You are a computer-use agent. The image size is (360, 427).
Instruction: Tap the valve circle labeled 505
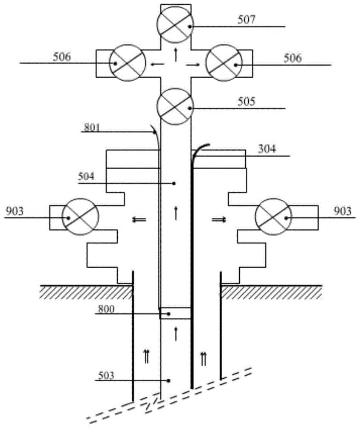click(x=175, y=107)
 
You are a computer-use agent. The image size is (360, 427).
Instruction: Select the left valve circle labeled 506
click(x=128, y=63)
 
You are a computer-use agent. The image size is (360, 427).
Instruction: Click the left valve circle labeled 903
click(x=81, y=217)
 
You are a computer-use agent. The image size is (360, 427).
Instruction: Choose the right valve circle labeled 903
click(x=273, y=217)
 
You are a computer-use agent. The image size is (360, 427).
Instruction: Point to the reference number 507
click(x=247, y=20)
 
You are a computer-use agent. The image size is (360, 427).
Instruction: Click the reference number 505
click(x=247, y=102)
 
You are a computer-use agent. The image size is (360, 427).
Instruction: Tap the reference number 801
click(x=92, y=127)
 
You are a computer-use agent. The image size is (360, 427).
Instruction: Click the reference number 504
click(x=86, y=176)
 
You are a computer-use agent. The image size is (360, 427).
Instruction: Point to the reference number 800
click(x=106, y=309)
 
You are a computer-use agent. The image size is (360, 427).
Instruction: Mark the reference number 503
click(x=106, y=376)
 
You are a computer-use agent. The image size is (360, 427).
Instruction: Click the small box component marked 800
click(x=175, y=313)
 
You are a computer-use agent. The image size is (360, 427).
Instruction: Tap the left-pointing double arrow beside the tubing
click(x=139, y=219)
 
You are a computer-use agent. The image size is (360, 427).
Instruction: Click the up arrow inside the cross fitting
click(x=175, y=55)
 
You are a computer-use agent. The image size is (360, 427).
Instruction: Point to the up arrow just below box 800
click(x=175, y=334)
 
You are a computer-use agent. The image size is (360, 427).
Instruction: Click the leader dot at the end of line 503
click(x=169, y=380)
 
